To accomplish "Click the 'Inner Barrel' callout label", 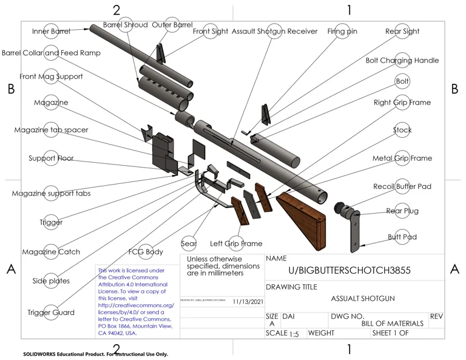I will pos(52,31).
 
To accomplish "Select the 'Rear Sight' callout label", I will pos(402,31).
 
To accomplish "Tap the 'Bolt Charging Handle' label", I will pos(402,60).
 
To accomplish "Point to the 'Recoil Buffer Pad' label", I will pos(402,186).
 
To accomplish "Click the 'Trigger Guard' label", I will pos(51,313).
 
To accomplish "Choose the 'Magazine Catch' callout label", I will pos(51,252).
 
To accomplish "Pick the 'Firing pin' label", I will pos(342,31).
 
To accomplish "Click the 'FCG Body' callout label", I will pos(146,252).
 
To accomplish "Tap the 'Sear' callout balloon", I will pos(189,244).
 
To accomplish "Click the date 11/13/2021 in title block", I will pos(248,301).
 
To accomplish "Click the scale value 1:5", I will pos(294,334).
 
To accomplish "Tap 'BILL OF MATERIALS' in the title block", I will pos(392,324).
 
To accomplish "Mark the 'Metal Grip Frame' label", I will pos(402,158).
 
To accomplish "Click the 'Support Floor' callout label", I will pos(51,158).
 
